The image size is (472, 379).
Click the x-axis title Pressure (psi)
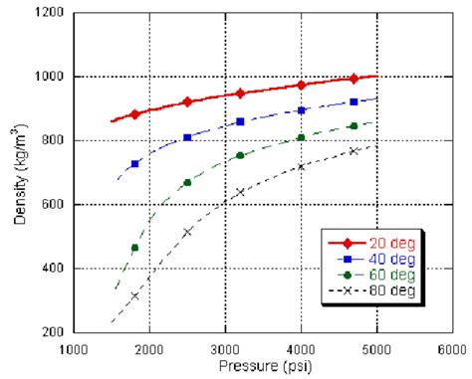point(263,366)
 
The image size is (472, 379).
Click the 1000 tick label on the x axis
point(74,348)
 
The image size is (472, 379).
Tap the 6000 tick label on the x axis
point(452,348)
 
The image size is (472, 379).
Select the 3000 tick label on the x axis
point(225,348)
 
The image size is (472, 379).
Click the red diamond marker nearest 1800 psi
point(134,114)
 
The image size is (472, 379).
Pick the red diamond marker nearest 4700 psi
point(354,79)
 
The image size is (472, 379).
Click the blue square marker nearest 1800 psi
point(134,163)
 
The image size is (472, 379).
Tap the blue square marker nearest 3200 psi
point(240,121)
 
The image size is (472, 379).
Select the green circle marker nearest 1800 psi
point(134,248)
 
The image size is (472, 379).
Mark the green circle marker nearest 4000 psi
point(301,137)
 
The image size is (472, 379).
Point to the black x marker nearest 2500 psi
point(187,232)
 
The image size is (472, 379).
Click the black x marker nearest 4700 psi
point(354,151)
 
